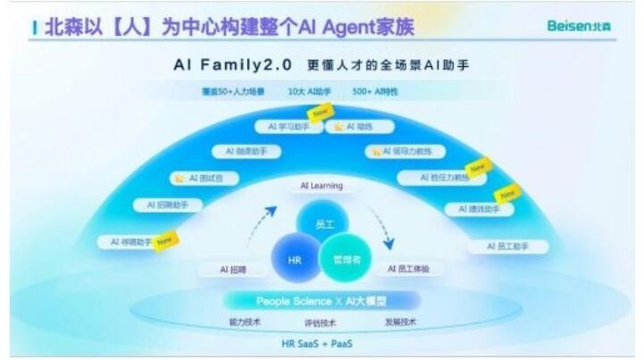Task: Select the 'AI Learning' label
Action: [322, 185]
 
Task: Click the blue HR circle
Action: [295, 260]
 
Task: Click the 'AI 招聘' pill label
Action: [232, 268]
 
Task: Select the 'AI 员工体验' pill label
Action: [408, 267]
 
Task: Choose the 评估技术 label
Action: [322, 322]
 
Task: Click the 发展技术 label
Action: [399, 322]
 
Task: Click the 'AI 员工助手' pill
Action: [506, 246]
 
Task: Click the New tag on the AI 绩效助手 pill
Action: [507, 192]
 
